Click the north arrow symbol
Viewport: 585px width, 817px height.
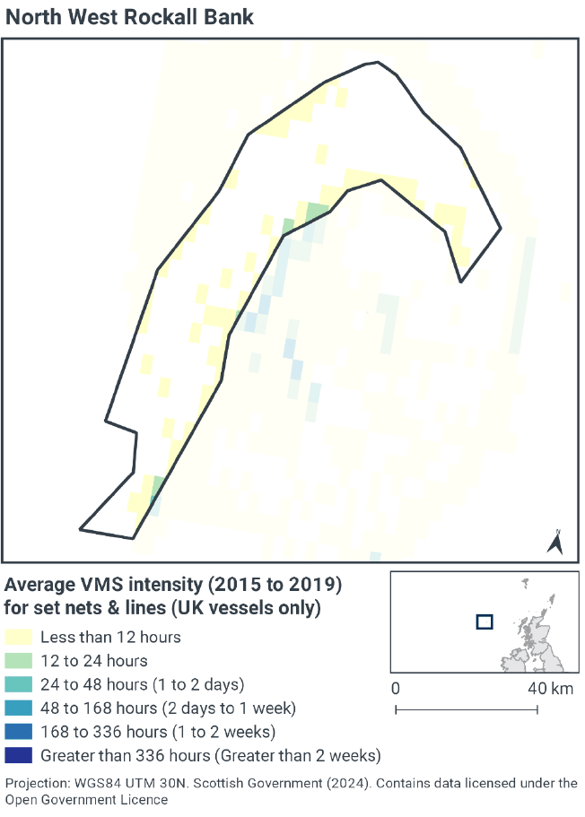pos(555,541)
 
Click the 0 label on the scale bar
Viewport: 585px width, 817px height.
pos(396,690)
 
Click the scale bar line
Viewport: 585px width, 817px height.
pos(467,710)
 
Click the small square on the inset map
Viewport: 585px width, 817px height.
pos(485,621)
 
